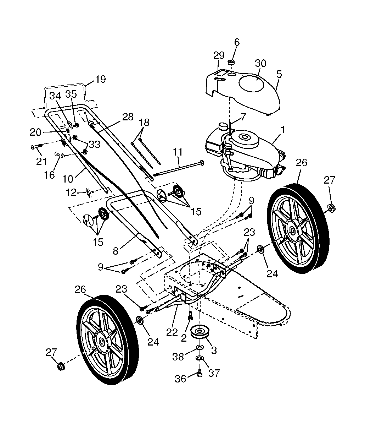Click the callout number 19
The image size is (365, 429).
coord(101,79)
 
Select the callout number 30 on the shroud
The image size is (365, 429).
coord(260,63)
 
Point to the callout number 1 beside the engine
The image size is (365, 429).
coord(282,130)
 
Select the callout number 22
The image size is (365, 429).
coord(172,332)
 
